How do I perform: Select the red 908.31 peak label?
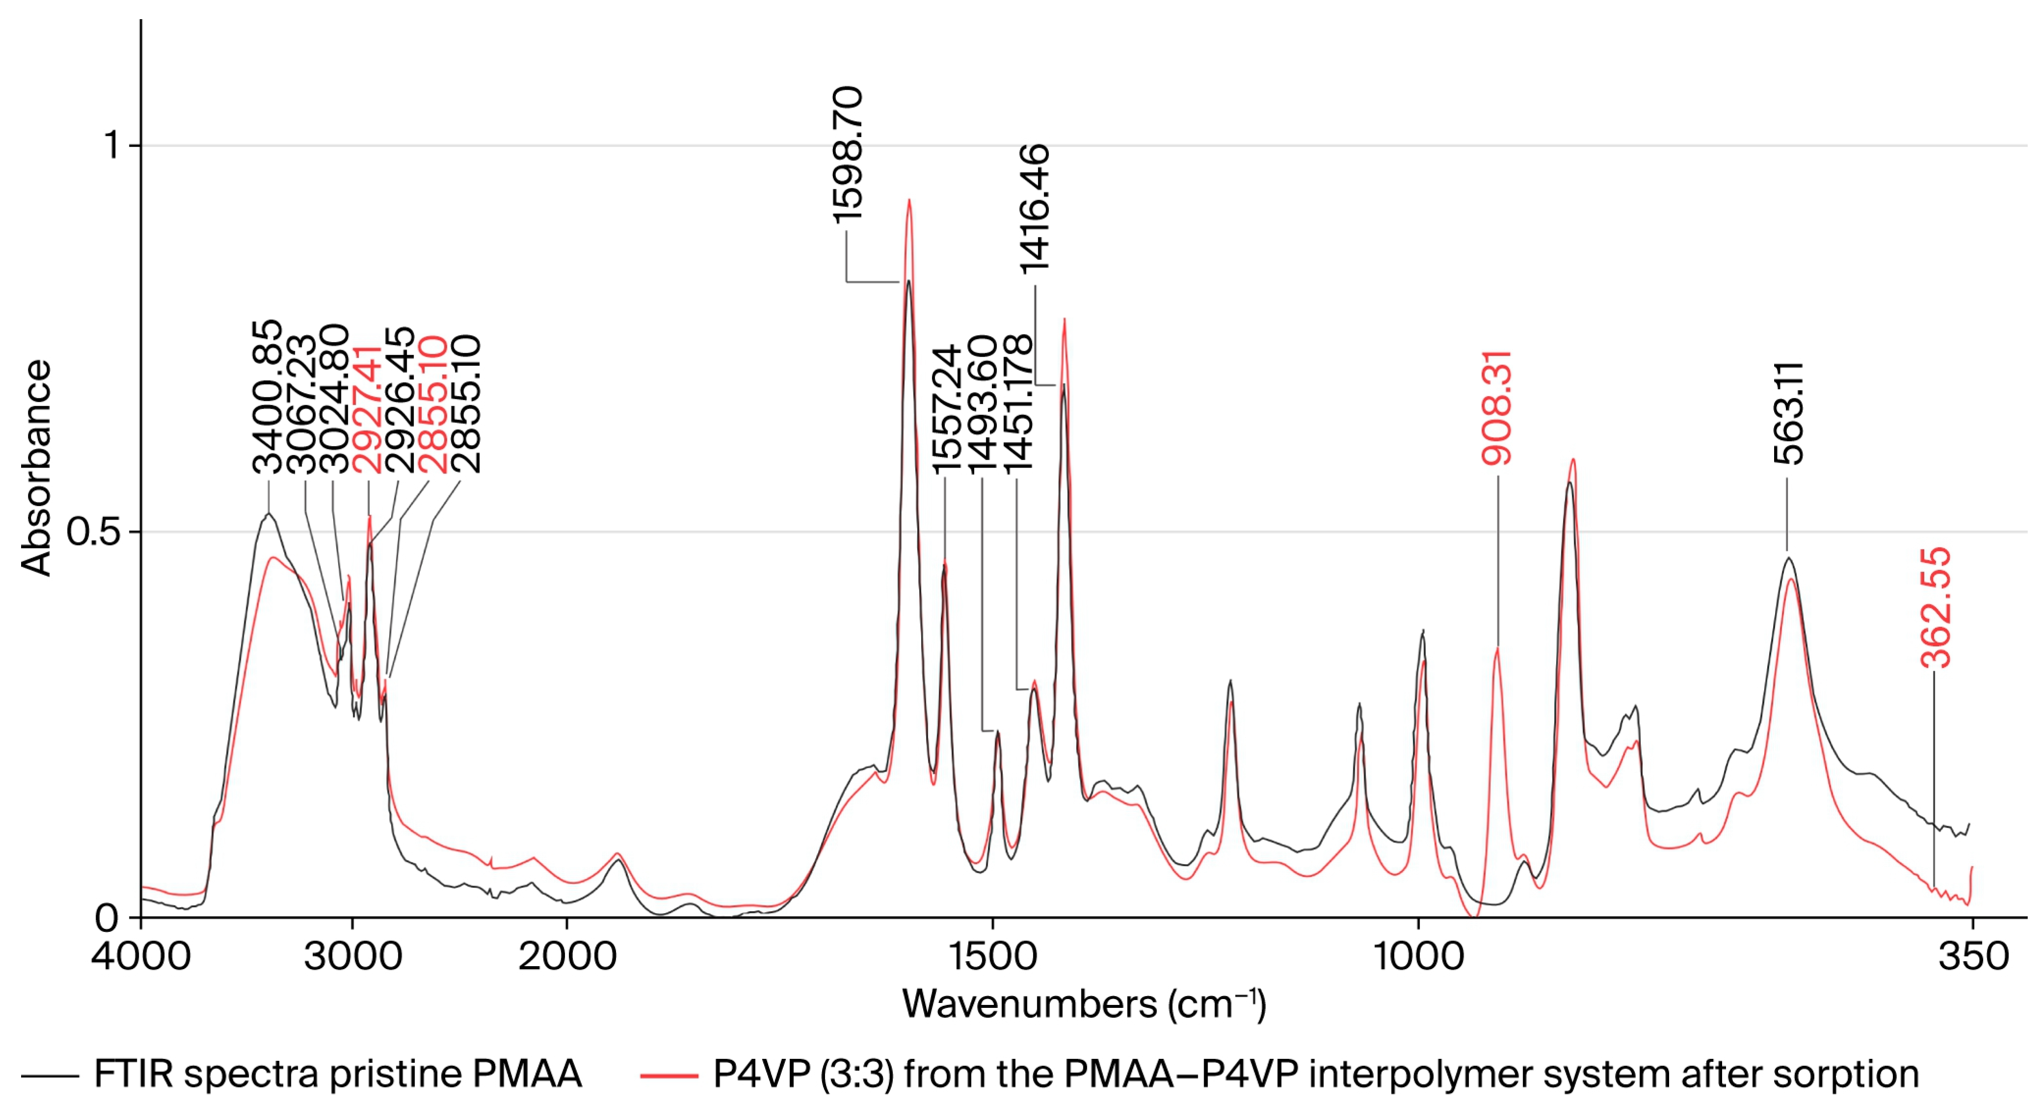pos(1497,408)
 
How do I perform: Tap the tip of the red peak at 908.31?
pos(1497,648)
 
